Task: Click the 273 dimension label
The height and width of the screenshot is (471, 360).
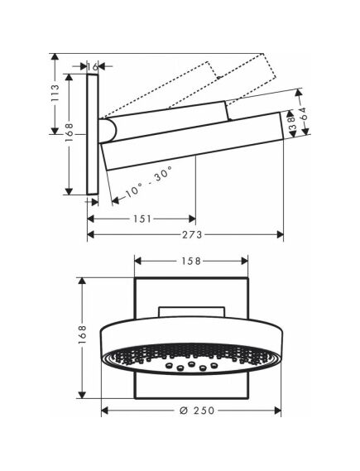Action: coord(192,234)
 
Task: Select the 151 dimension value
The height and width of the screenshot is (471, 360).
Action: coord(142,219)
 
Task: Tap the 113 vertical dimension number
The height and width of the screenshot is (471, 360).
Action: coord(55,93)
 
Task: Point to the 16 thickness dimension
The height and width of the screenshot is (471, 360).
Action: coord(93,67)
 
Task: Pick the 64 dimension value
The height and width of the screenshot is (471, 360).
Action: coord(303,113)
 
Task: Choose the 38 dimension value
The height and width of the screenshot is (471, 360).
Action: coord(291,123)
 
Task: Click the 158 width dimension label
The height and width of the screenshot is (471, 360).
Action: coord(191,261)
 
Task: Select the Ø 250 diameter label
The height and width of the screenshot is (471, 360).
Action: coord(197,410)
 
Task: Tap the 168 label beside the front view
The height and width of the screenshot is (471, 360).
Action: coord(82,334)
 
